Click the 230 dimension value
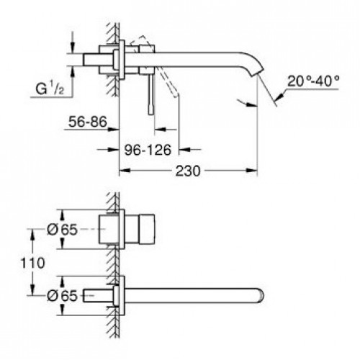coord(188,171)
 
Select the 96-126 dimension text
coord(148,150)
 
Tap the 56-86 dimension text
coord(87,122)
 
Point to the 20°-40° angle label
coord(313,81)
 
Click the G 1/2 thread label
coord(50,88)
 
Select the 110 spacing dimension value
coord(32,263)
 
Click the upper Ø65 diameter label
coord(62,230)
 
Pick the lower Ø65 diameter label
coord(62,296)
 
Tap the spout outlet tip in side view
coord(255,73)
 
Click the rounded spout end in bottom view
coord(260,295)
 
